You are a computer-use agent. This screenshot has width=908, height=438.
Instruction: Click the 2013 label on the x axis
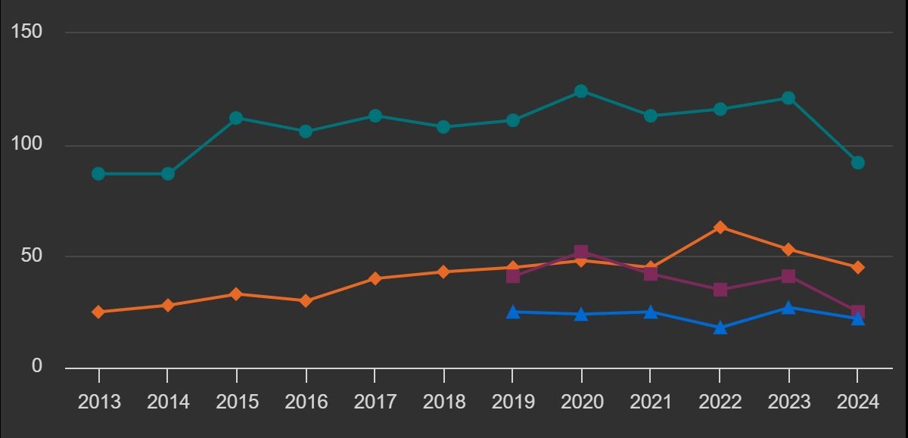coord(99,402)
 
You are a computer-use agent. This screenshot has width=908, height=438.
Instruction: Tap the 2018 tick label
coord(443,402)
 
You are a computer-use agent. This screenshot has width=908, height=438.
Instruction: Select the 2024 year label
coord(857,402)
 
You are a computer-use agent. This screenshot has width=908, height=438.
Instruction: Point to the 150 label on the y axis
coord(27,32)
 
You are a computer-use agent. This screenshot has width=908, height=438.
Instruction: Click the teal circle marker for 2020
coord(581,92)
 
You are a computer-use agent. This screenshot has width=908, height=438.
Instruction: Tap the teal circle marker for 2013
coord(98,174)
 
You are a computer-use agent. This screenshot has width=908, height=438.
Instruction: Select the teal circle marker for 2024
coord(857,163)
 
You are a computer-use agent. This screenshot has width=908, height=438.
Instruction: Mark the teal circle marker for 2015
coord(236,118)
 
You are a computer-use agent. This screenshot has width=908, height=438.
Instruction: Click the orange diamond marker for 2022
coord(720,227)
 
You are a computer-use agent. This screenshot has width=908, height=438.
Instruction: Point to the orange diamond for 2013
coord(98,312)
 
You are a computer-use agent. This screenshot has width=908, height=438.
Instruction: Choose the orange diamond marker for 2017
coord(375,278)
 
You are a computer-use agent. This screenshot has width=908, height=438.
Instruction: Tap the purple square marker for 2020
coord(581,252)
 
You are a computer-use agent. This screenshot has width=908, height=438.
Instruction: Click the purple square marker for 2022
coord(720,290)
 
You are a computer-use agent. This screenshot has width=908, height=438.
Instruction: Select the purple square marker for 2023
coord(788,276)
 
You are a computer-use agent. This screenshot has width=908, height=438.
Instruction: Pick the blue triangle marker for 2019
coord(513,312)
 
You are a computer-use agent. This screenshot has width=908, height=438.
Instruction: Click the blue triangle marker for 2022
coord(720,328)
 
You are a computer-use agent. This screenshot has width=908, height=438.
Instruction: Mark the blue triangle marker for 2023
coord(788,308)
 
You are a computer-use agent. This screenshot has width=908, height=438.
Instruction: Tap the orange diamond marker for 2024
coord(857,267)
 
